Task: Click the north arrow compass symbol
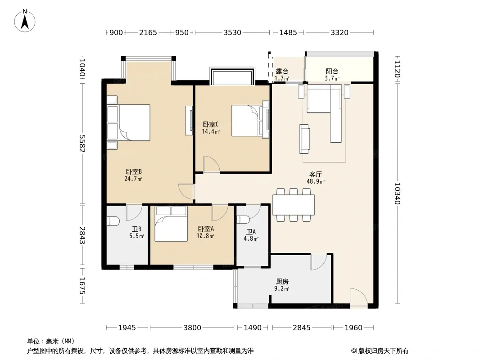[x=25, y=21]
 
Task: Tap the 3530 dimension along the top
[x=232, y=32]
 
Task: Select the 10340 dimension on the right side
[x=397, y=193]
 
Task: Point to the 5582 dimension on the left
[x=82, y=143]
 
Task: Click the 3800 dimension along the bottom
[x=192, y=328]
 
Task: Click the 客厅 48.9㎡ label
[x=316, y=178]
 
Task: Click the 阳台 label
[x=332, y=72]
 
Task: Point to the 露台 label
[x=281, y=72]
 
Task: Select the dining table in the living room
[x=294, y=205]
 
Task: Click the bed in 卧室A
[x=171, y=224]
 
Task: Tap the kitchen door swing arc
[x=319, y=262]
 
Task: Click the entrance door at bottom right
[x=359, y=297]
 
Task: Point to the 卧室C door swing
[x=212, y=164]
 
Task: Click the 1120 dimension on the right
[x=397, y=69]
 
